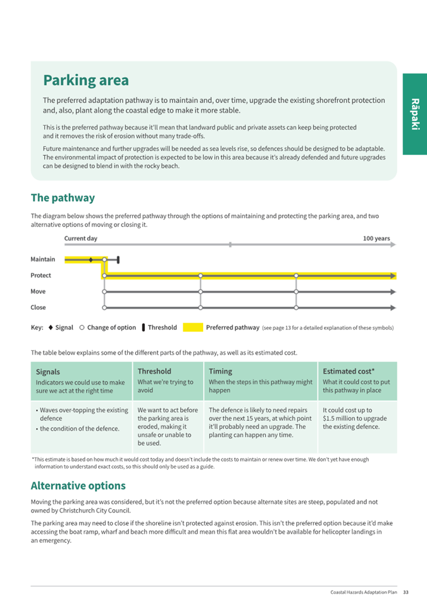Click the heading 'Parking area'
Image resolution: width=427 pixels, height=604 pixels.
(85, 81)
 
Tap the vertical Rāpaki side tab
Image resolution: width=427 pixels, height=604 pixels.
(414, 114)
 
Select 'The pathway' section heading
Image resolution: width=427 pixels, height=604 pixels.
(63, 198)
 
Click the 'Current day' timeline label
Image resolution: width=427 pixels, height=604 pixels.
(80, 238)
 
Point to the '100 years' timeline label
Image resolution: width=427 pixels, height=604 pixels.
(376, 238)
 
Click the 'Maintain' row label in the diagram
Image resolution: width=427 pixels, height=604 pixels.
(42, 259)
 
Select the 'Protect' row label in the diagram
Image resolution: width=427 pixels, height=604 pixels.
(40, 276)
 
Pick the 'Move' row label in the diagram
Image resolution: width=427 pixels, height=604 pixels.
(38, 292)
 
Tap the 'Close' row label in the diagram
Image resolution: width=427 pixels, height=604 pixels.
(38, 307)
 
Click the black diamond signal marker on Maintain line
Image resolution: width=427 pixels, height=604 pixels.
(91, 259)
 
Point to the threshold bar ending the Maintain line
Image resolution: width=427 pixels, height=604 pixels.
(118, 259)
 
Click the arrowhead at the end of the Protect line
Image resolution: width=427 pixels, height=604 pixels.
(393, 276)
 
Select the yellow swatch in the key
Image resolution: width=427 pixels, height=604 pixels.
(193, 328)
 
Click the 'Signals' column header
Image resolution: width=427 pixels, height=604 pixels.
(48, 372)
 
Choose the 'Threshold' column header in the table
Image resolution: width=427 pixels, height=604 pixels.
(154, 371)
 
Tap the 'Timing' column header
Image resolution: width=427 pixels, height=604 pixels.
(220, 371)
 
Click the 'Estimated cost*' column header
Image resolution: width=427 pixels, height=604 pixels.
(349, 371)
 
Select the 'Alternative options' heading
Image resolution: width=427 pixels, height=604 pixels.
(78, 486)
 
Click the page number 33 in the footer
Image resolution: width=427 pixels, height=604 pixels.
(406, 593)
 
